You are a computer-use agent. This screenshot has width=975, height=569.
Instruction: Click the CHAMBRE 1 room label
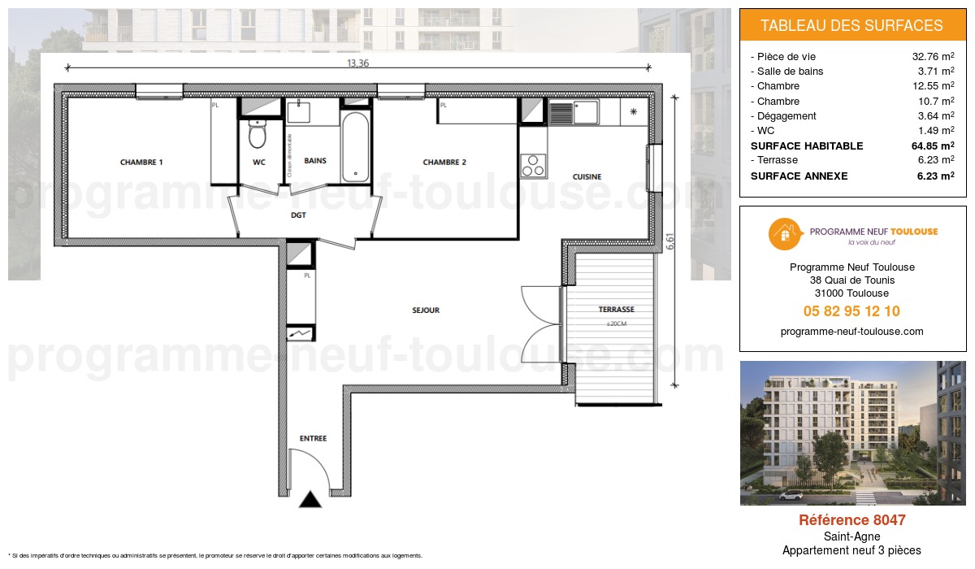coord(141,163)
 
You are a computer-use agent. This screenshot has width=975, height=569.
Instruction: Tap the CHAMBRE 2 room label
coord(444,163)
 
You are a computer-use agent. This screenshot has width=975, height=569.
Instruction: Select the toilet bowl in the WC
coord(258,135)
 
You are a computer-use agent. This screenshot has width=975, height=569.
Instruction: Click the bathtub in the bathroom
coord(354,146)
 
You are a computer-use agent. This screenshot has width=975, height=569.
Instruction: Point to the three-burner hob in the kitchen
coord(533,165)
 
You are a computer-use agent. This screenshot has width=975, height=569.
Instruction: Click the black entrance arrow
coord(310,500)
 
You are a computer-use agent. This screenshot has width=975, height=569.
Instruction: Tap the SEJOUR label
coord(425,311)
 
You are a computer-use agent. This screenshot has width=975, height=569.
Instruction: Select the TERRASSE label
coord(616,310)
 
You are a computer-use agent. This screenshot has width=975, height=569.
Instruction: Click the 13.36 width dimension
coord(358,63)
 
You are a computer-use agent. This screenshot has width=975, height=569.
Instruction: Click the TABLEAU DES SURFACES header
coord(851,26)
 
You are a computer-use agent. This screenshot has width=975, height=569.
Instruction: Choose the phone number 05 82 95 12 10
coord(851,311)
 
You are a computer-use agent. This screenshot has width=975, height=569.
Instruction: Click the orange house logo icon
coord(785,235)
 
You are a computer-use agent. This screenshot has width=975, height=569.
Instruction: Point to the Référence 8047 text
coord(851,520)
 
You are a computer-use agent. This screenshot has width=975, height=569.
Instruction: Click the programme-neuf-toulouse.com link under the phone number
coord(851,332)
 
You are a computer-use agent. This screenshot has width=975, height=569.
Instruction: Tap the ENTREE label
coord(313,439)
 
